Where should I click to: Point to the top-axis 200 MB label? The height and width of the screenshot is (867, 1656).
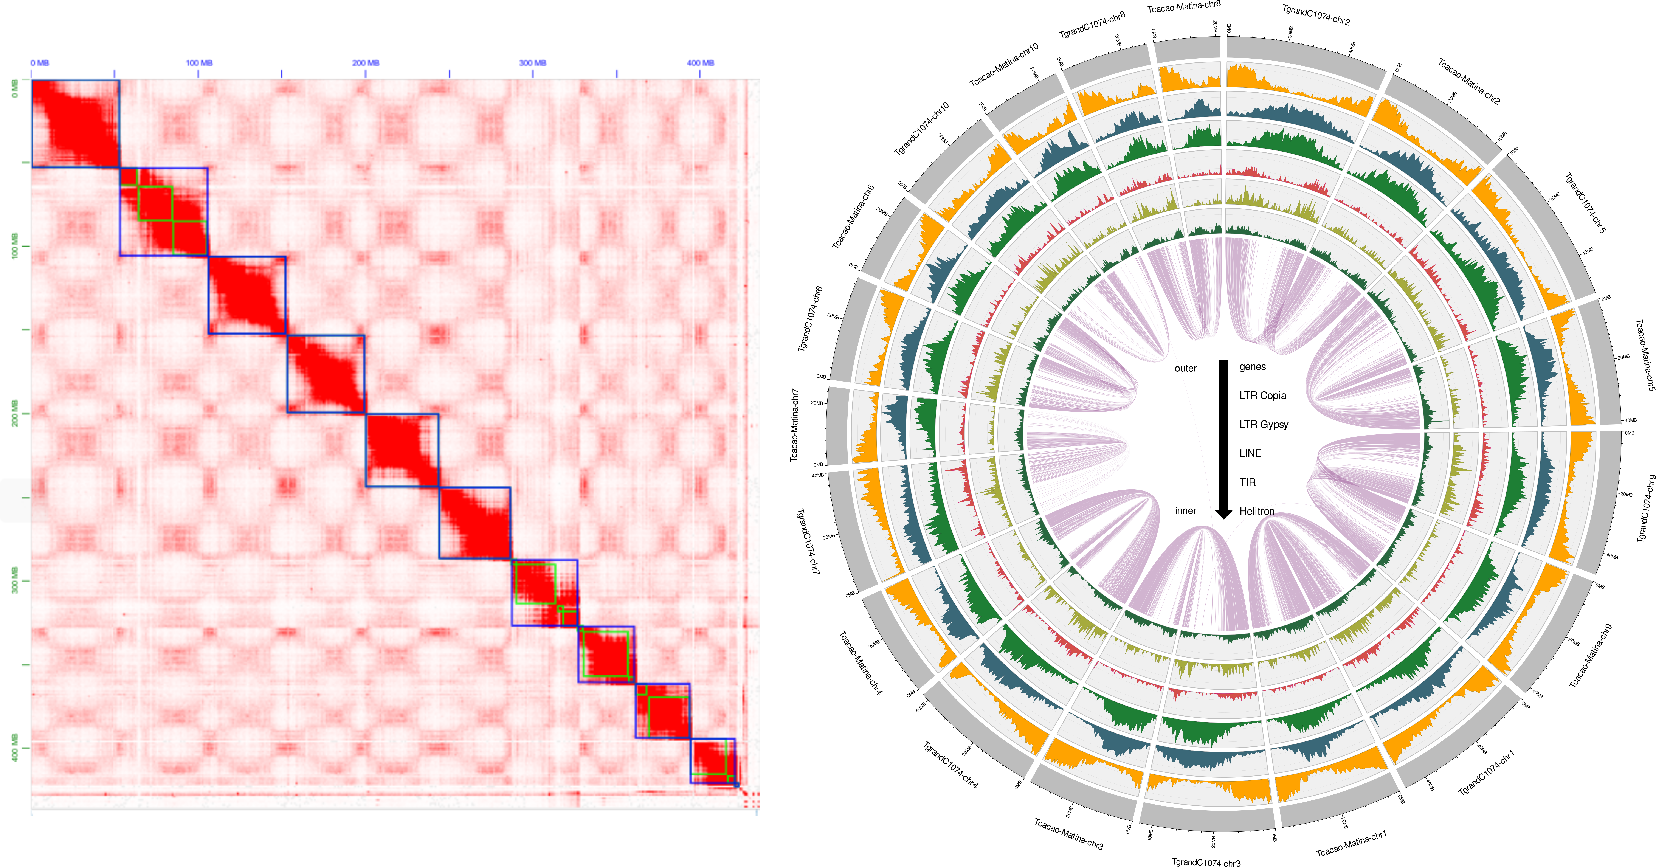click(366, 63)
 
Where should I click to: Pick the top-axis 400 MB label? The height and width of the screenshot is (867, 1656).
click(700, 63)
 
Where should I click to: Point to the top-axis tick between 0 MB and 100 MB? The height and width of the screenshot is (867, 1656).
click(115, 74)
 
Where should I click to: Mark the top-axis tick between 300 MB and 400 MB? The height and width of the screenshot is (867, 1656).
click(617, 74)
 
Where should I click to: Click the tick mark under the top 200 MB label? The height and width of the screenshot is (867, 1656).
click(366, 74)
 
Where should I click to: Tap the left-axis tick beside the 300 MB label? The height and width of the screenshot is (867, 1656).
click(26, 580)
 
